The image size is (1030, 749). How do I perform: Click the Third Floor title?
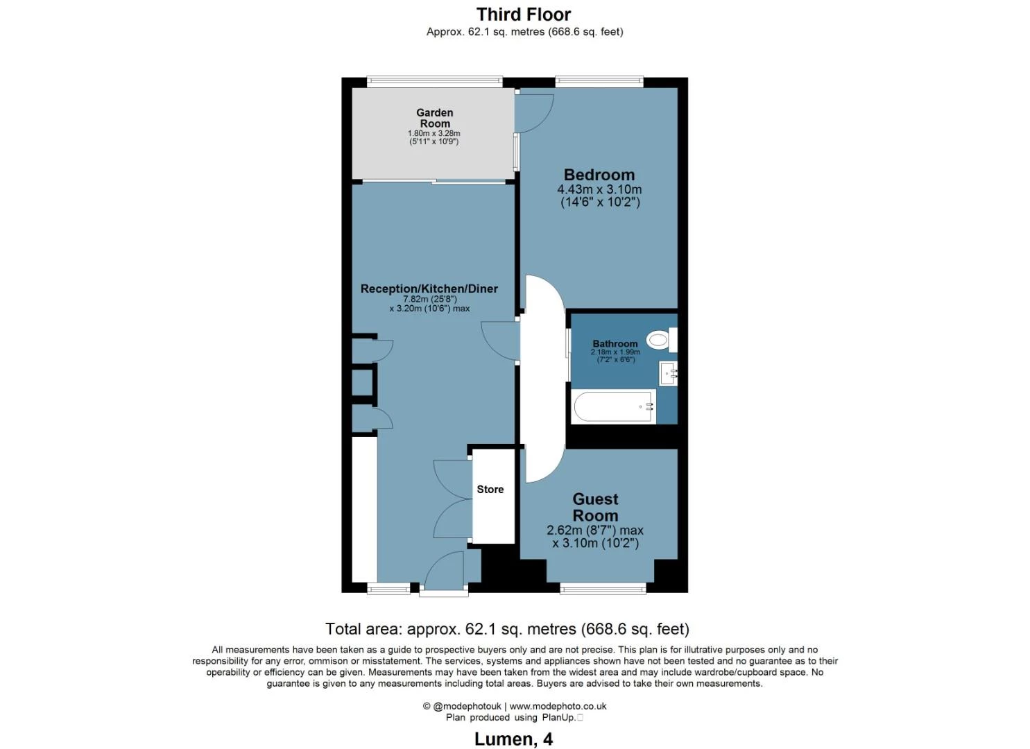click(x=524, y=15)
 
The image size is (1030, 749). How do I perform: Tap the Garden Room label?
click(x=434, y=118)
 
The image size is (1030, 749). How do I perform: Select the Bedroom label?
click(x=599, y=175)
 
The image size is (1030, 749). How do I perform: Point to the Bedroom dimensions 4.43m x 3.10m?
click(x=599, y=189)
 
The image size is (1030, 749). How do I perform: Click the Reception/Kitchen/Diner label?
click(x=429, y=289)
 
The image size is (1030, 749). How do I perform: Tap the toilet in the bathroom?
click(x=662, y=340)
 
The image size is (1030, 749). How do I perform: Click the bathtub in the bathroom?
click(x=613, y=406)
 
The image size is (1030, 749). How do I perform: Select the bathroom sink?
click(x=668, y=373)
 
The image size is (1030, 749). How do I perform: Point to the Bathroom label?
click(x=615, y=343)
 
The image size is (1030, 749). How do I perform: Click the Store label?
click(x=490, y=489)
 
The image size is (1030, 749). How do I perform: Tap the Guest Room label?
click(x=596, y=507)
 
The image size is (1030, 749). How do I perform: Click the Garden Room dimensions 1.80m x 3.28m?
click(x=434, y=133)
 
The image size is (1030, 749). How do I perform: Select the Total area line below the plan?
click(x=507, y=628)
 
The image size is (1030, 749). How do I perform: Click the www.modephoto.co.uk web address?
click(x=558, y=706)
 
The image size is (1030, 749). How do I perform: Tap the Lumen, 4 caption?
click(x=514, y=739)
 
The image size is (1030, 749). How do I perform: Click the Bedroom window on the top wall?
click(x=599, y=82)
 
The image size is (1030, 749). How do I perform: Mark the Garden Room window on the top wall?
click(x=434, y=82)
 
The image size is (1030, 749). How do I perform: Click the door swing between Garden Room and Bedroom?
click(x=534, y=114)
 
